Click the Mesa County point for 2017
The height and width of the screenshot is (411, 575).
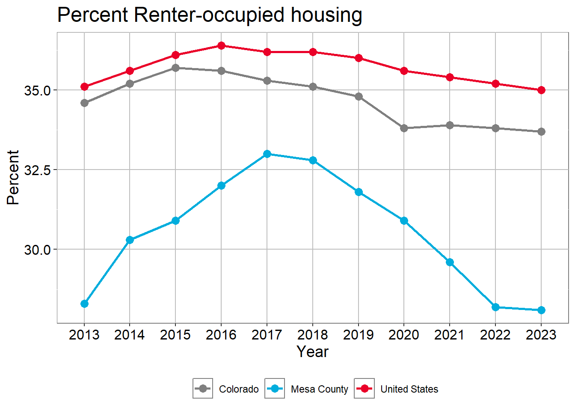click(x=267, y=154)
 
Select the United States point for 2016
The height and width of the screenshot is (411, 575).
click(x=221, y=46)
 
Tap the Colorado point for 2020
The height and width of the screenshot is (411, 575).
click(x=404, y=128)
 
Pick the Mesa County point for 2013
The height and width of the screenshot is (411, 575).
click(x=84, y=304)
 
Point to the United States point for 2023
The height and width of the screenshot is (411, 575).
click(x=541, y=90)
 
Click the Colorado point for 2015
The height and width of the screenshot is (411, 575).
click(x=175, y=68)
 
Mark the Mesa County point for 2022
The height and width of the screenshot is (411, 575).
click(x=495, y=307)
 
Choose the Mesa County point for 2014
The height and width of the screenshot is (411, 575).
click(x=130, y=240)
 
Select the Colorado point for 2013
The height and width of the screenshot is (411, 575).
click(x=84, y=103)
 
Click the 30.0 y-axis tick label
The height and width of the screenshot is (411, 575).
click(x=37, y=250)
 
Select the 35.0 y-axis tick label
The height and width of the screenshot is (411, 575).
click(x=37, y=90)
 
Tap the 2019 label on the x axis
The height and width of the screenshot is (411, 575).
click(x=359, y=335)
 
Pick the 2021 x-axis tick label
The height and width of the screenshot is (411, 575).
click(x=450, y=335)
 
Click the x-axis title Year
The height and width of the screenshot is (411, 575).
click(x=313, y=352)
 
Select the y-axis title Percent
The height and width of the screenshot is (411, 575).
click(x=13, y=177)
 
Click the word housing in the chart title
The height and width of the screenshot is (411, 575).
click(x=326, y=15)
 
